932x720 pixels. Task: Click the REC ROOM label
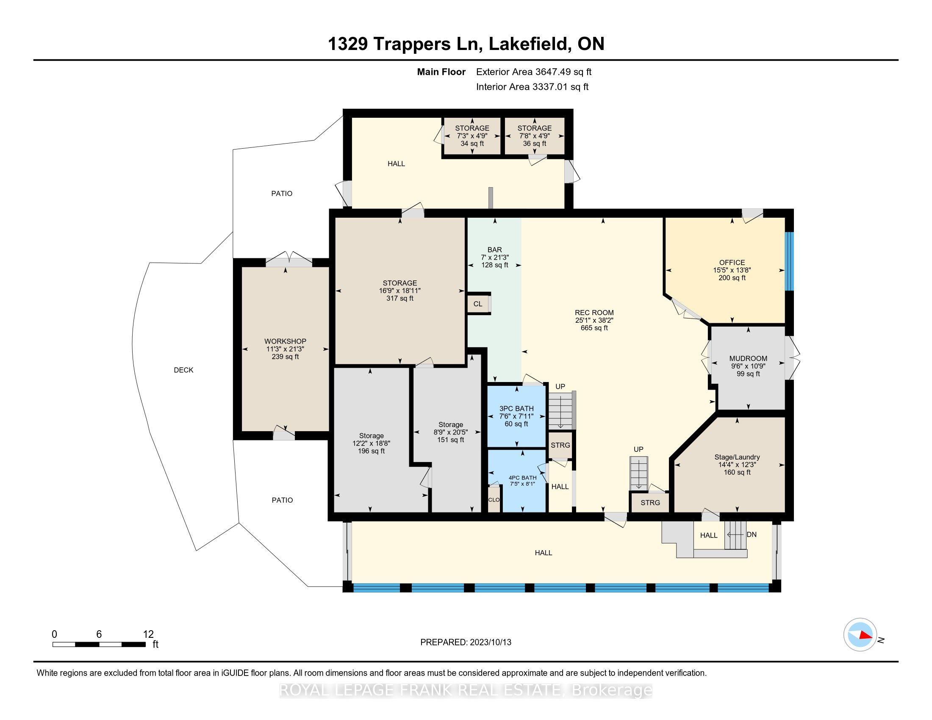tap(594, 313)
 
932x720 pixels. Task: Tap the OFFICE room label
tap(732, 263)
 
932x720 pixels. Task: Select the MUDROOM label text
tap(748, 359)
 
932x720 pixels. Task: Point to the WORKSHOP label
tap(285, 341)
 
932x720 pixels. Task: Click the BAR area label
tap(494, 250)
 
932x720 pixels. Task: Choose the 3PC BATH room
tap(516, 416)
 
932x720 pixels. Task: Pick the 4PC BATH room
tap(522, 481)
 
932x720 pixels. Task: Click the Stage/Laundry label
tap(737, 457)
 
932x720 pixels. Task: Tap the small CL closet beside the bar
tap(478, 304)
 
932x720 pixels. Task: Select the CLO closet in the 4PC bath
tap(494, 500)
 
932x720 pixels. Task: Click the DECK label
tap(183, 370)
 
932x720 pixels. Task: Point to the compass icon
tap(860, 635)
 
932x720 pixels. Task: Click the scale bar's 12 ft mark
tap(148, 634)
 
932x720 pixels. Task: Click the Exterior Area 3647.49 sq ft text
tap(533, 72)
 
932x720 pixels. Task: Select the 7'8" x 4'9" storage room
tap(534, 136)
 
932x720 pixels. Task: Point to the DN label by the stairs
tap(752, 534)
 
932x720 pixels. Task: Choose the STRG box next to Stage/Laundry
tap(650, 503)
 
